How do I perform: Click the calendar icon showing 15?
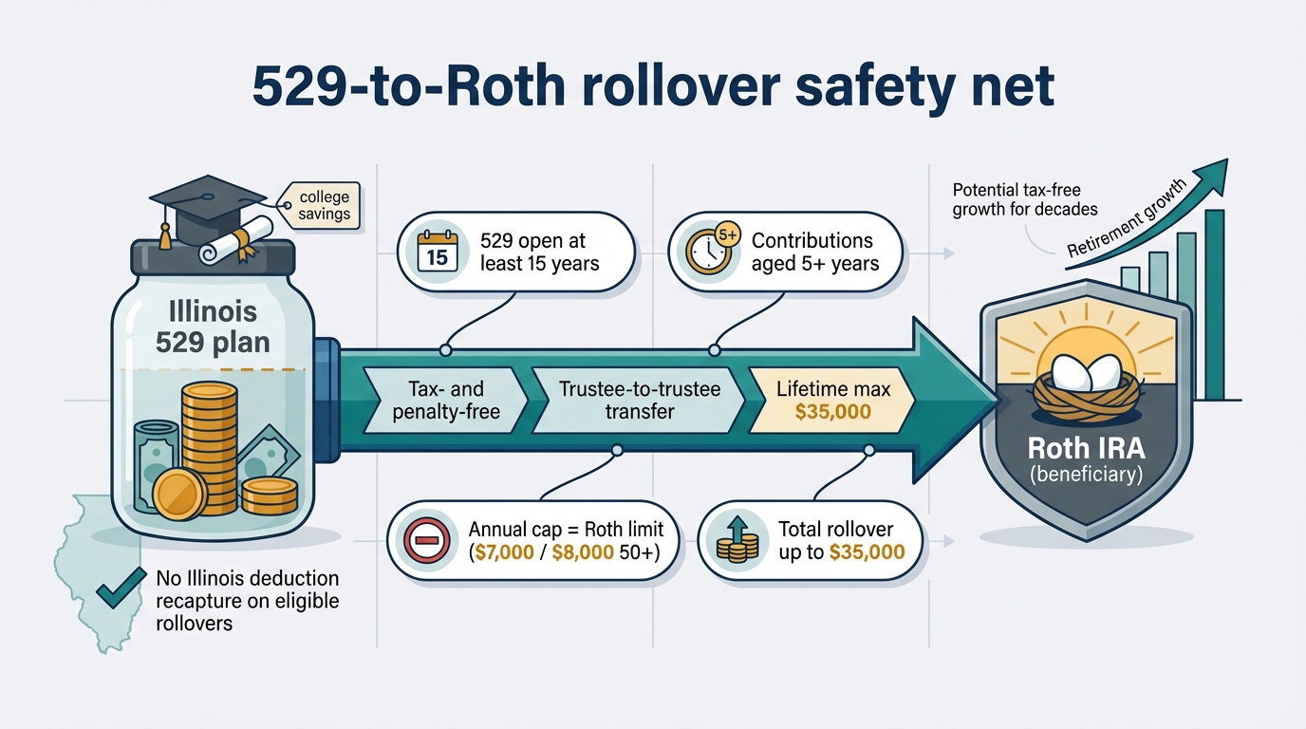(x=438, y=253)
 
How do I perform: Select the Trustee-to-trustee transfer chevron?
(x=639, y=400)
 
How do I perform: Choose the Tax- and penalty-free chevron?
(x=445, y=400)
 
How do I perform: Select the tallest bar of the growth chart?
(x=1214, y=304)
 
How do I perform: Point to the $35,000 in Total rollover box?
(x=867, y=552)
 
